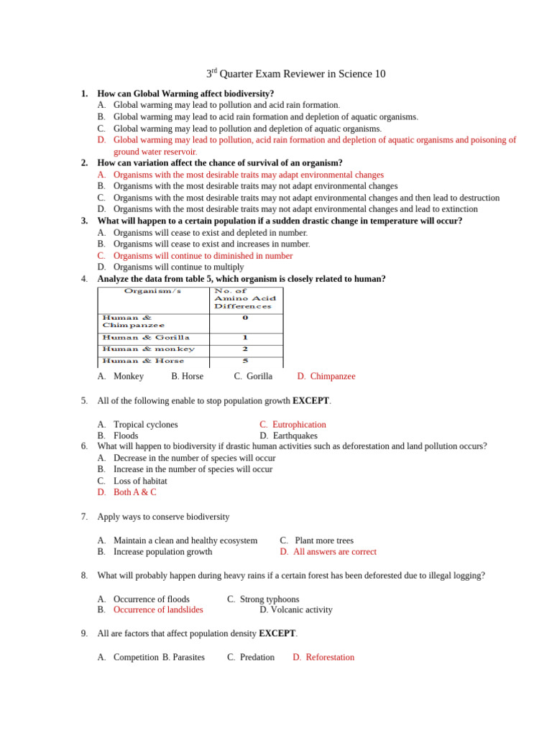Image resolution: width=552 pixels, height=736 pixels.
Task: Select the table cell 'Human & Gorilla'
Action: [x=146, y=337]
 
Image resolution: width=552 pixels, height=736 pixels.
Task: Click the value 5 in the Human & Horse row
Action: [x=245, y=361]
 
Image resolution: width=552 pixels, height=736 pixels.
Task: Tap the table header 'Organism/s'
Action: [x=152, y=291]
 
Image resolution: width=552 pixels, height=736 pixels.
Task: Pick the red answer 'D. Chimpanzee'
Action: [x=326, y=376]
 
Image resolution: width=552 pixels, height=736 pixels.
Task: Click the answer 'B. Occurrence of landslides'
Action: [x=150, y=609]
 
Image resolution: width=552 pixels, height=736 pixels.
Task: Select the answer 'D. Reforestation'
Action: [x=323, y=657]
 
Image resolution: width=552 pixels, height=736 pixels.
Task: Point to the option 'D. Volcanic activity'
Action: [x=296, y=609]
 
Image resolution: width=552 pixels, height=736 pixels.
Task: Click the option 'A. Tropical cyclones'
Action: [x=138, y=424]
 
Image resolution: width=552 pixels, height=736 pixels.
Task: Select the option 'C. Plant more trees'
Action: [x=317, y=540]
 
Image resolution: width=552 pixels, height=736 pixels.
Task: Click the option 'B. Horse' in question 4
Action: [x=187, y=376]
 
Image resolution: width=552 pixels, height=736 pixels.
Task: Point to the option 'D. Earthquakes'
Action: [x=288, y=436]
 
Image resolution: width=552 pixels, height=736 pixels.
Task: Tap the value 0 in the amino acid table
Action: [x=245, y=317]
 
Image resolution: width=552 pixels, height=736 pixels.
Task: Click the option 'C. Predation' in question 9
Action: [x=251, y=657]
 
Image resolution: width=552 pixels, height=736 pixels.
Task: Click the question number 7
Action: [x=84, y=517]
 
